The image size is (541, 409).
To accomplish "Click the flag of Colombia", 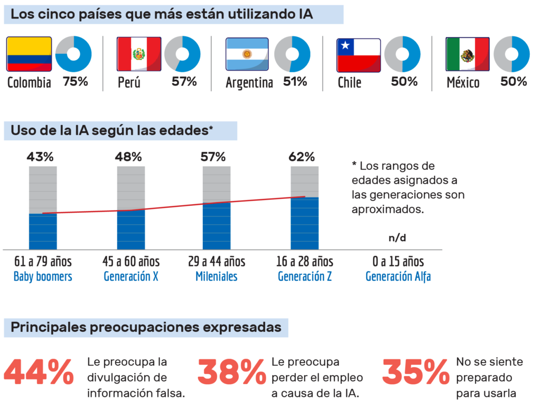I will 29,54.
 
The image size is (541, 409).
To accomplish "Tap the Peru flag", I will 139,54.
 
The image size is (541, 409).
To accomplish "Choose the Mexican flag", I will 468,54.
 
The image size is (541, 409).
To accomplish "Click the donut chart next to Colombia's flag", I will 73,54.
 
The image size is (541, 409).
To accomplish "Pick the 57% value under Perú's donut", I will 184,82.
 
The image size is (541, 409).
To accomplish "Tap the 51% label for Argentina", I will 295,82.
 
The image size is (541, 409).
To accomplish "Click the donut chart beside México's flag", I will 511,54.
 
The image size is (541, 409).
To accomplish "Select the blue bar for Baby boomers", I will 43,231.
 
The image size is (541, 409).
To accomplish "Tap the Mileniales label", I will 217,277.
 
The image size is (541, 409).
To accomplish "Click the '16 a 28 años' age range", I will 305,262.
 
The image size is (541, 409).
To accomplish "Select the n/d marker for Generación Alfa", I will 397,237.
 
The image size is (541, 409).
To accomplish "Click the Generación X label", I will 130,277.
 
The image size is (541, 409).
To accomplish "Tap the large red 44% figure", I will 39,373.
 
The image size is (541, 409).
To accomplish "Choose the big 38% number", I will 232,373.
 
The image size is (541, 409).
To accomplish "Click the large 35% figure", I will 416,373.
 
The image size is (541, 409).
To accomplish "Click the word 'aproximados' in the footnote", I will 387,209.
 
